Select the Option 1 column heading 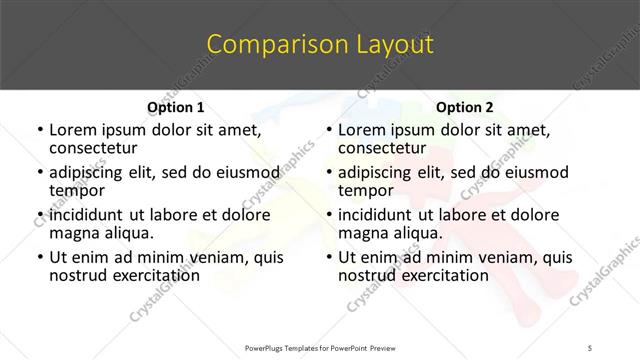point(176,107)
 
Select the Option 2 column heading point(464,107)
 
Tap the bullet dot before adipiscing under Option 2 point(328,173)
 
